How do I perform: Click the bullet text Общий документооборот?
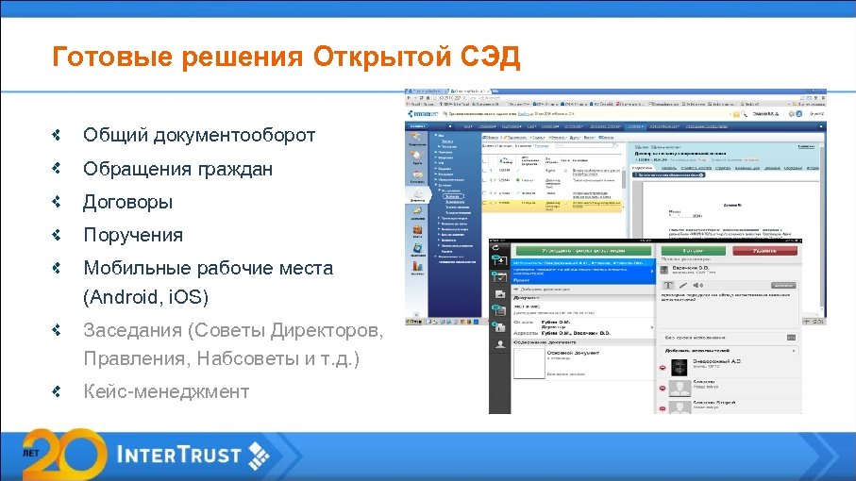tap(199, 136)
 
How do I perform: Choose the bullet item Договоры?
tap(127, 202)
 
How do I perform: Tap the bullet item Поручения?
tap(133, 235)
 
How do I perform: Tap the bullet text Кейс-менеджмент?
tap(166, 391)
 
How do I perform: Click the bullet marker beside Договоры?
tap(58, 202)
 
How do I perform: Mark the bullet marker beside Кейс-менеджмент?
tap(58, 391)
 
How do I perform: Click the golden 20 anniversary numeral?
tap(67, 453)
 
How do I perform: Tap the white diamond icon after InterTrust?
tap(257, 456)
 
